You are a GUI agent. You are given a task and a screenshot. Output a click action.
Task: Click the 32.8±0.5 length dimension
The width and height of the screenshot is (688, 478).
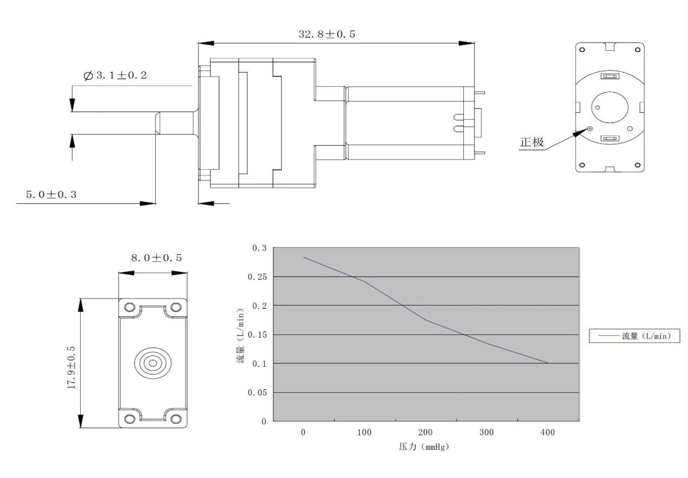327,34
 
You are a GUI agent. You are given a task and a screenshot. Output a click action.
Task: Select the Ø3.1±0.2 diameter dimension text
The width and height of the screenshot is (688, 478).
115,75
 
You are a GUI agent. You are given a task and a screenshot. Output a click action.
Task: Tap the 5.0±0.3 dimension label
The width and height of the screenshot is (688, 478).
51,195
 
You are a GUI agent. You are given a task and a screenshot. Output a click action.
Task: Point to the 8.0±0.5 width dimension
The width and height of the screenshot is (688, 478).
157,258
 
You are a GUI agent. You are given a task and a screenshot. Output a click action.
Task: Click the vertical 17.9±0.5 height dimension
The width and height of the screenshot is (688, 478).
72,367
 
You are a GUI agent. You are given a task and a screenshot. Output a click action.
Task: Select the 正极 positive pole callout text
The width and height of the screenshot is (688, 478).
531,142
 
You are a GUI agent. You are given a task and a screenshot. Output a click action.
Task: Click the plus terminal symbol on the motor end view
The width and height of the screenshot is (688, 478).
590,129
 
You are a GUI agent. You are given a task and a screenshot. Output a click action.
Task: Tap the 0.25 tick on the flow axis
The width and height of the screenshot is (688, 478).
257,277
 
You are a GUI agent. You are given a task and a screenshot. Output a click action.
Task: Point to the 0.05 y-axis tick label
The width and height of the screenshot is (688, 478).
257,392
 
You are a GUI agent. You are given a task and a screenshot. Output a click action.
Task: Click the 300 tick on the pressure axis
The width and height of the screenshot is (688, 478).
486,432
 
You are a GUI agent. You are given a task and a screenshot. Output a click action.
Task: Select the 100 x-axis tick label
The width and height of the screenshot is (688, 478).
364,432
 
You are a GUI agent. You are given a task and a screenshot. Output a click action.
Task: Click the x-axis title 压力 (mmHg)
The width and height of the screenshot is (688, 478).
424,447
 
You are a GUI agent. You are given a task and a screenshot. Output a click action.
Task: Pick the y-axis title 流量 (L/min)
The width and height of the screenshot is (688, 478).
241,335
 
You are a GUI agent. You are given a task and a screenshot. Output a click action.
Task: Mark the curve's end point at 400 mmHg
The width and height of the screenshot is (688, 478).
548,363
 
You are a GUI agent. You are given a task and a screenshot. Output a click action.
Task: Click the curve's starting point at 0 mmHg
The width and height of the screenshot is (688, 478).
303,257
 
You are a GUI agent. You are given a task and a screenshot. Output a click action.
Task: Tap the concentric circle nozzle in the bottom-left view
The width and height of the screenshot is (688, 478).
153,363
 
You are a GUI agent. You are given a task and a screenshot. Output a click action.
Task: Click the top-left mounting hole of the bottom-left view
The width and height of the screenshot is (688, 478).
129,307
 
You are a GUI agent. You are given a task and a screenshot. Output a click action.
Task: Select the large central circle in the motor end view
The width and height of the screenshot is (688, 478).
609,107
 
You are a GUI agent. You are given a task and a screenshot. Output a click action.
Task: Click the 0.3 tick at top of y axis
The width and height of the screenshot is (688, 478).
259,248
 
